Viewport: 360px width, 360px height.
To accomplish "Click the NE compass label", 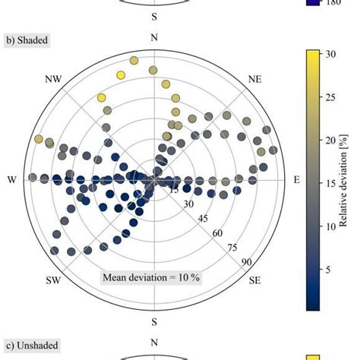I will click(x=255, y=78).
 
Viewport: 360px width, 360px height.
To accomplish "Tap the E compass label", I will click(x=296, y=179).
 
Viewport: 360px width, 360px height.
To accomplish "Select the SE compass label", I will click(x=255, y=280).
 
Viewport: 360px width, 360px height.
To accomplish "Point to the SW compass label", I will click(x=52, y=280).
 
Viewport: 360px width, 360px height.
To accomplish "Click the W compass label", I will click(x=11, y=179).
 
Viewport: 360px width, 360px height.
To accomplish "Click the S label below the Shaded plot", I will click(x=154, y=322).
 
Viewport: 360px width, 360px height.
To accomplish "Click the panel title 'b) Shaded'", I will click(x=24, y=37).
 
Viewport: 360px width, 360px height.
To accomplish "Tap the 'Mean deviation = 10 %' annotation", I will click(x=151, y=277).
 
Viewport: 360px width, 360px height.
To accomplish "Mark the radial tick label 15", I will click(x=174, y=189).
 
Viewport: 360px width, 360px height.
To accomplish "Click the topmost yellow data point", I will click(x=134, y=60).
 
